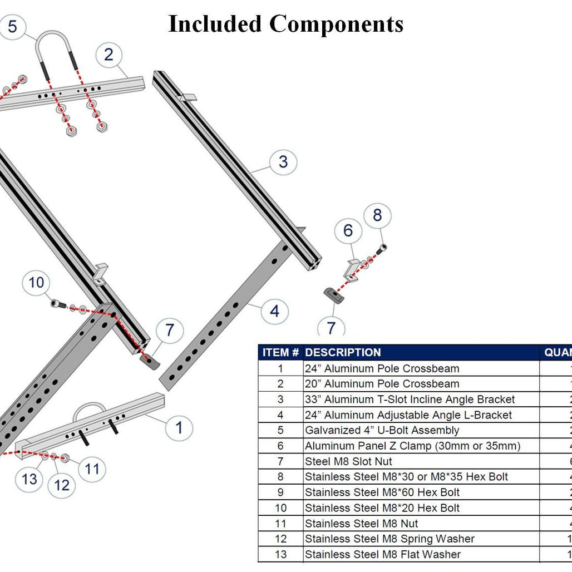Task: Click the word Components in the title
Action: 337,24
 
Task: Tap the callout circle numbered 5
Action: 12,26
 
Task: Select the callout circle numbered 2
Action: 109,55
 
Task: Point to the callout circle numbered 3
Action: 283,162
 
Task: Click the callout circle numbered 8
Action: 377,216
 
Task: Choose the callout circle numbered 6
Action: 348,230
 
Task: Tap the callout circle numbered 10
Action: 36,283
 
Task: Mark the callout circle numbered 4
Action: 274,311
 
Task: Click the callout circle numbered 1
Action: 179,428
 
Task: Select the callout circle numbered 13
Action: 29,479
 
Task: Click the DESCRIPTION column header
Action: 343,352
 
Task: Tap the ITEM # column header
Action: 280,352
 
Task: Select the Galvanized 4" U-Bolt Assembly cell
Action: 382,430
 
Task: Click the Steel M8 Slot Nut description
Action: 348,461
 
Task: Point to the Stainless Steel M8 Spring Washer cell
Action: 389,539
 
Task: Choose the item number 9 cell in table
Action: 280,492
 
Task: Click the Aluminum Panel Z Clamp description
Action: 412,446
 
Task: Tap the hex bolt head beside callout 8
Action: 382,248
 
